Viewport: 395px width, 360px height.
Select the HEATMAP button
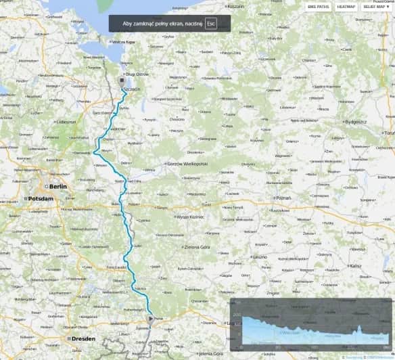point(346,6)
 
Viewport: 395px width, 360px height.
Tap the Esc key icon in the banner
point(210,23)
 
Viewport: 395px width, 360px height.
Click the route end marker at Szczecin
point(121,80)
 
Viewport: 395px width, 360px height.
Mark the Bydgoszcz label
point(354,122)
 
